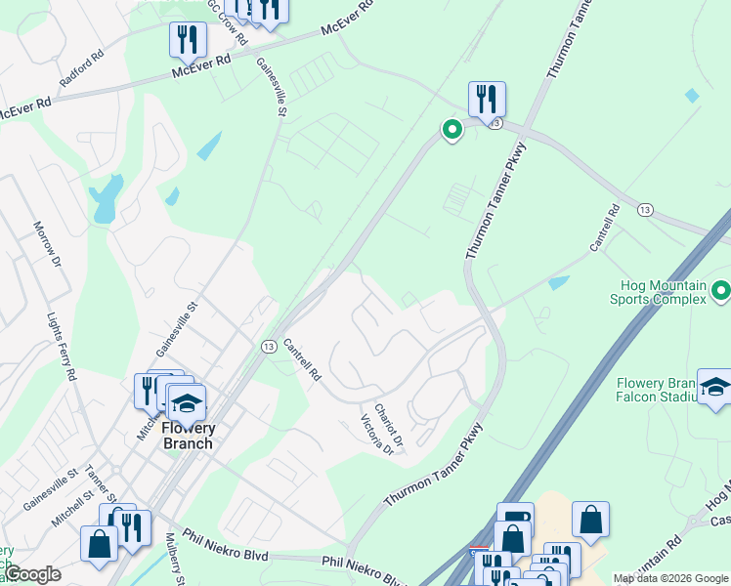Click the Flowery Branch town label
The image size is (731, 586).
(x=187, y=436)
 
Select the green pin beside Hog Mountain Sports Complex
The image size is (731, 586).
(x=721, y=290)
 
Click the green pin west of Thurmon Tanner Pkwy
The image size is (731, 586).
(x=451, y=129)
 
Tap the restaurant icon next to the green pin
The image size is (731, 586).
(x=487, y=99)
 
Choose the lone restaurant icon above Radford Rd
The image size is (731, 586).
(x=187, y=40)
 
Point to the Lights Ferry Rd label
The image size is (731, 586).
(x=62, y=346)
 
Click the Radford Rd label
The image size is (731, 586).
(x=81, y=69)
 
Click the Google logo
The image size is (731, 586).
(x=31, y=574)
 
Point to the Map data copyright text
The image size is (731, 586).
(x=669, y=578)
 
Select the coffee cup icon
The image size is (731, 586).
(x=515, y=519)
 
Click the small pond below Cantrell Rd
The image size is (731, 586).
(x=559, y=283)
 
